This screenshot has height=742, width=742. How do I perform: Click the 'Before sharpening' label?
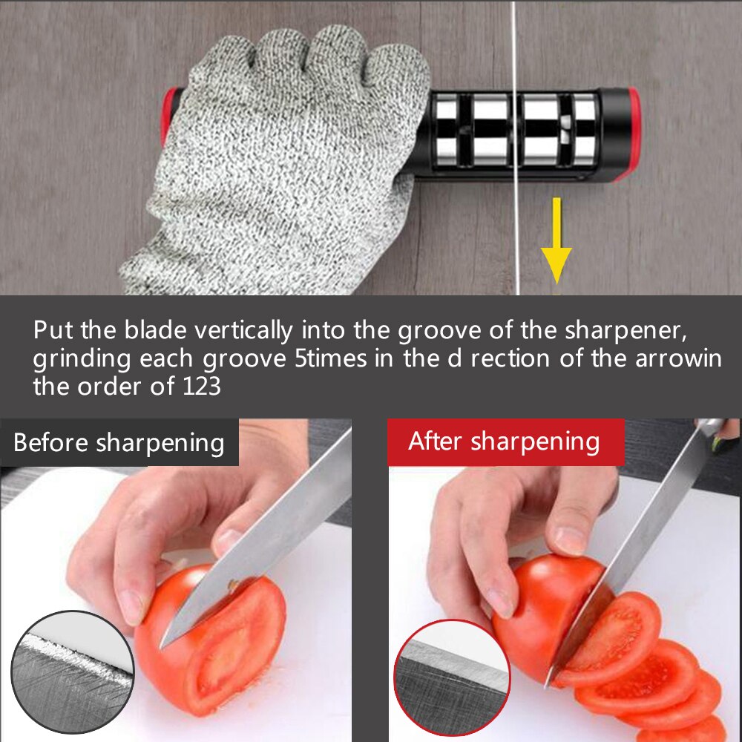click(x=119, y=443)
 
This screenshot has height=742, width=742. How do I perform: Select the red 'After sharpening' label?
click(x=504, y=441)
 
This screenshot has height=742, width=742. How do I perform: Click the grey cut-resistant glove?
click(x=282, y=148)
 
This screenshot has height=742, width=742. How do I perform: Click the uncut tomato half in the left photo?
click(x=223, y=631)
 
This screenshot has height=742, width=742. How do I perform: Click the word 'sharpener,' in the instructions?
click(x=638, y=329)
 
